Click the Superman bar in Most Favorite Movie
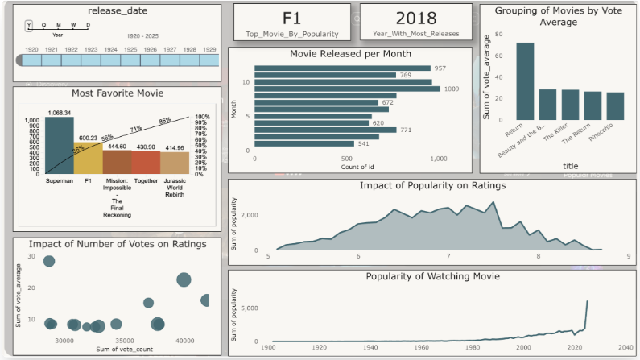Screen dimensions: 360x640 click(59, 145)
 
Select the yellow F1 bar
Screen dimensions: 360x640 click(88, 158)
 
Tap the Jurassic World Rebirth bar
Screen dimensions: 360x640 click(175, 162)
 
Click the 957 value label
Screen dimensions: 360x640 click(440, 68)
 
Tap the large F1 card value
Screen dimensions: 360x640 click(291, 18)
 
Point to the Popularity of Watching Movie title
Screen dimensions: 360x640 click(432, 276)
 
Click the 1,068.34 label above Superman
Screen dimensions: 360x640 click(60, 113)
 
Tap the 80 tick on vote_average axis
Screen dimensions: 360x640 click(499, 35)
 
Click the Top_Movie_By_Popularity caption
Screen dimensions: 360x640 click(291, 35)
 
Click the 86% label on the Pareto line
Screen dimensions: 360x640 click(166, 120)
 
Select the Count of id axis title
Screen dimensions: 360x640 click(347, 168)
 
